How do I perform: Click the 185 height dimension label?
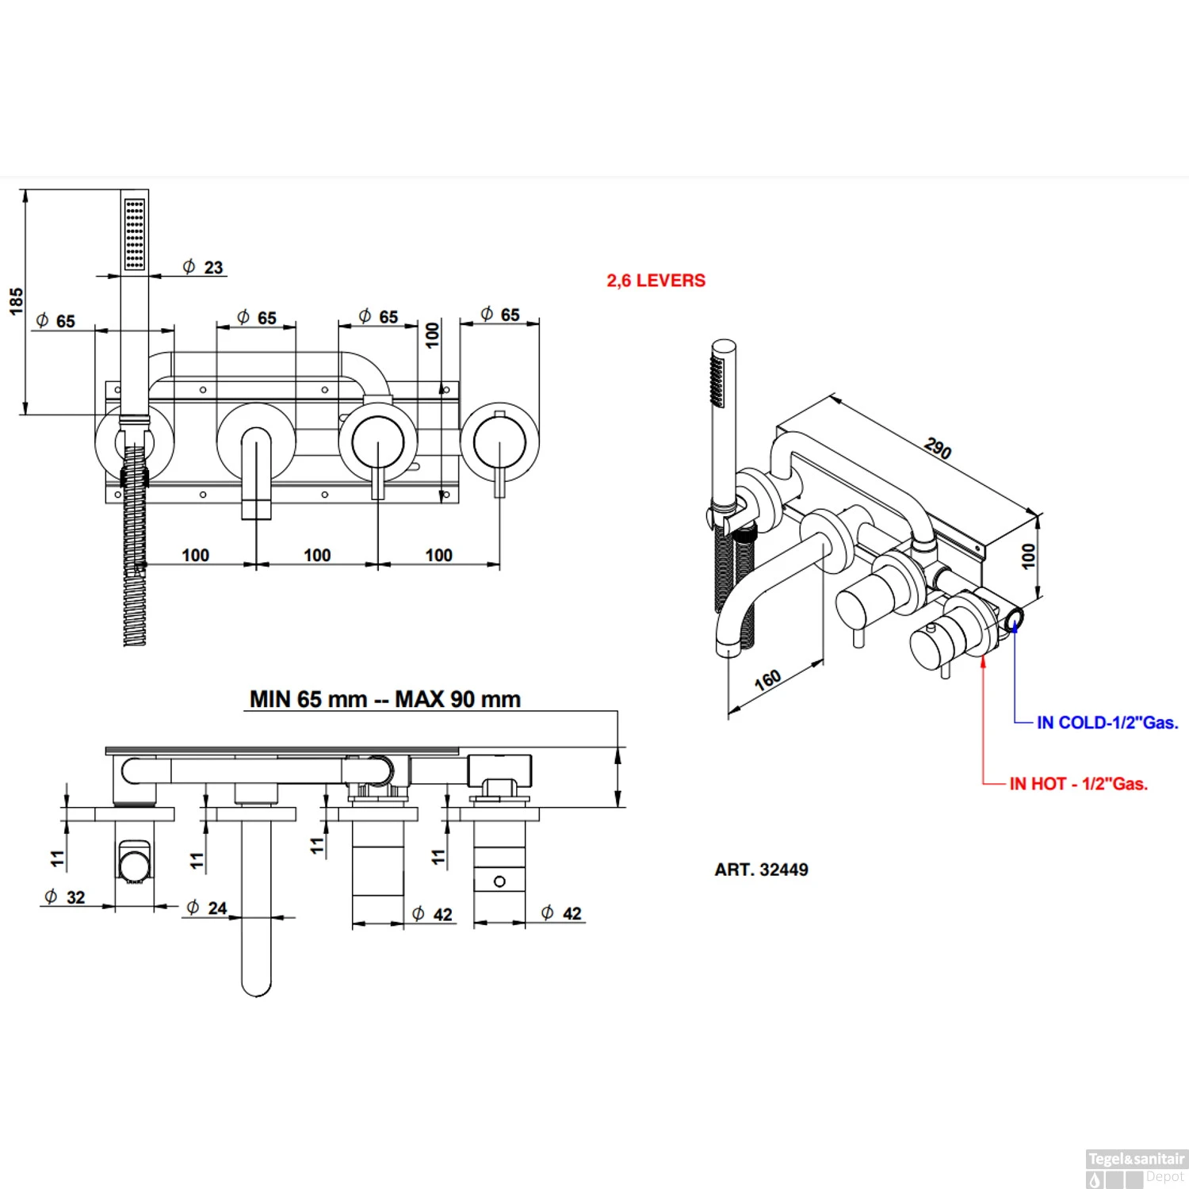tap(16, 301)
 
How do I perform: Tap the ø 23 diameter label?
tap(203, 267)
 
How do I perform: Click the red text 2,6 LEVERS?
tap(656, 281)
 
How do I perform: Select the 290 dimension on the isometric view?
tap(938, 449)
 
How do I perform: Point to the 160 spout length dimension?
tap(767, 679)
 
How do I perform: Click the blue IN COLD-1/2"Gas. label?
tap(1107, 722)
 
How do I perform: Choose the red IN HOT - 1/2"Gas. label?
tap(1078, 784)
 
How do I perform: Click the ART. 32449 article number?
tap(761, 870)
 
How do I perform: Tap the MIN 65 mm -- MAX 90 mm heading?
tap(385, 699)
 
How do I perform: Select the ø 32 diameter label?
tap(65, 897)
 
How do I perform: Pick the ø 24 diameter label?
tap(207, 908)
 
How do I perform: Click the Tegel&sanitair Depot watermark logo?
tap(1135, 1168)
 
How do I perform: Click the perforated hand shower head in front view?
tap(135, 234)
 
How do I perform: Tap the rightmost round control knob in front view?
tap(499, 442)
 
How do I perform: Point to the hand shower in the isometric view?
tap(722, 428)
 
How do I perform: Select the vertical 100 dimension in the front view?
tap(432, 334)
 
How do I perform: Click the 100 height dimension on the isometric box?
tap(1028, 555)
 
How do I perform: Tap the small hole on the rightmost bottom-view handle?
tap(499, 881)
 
